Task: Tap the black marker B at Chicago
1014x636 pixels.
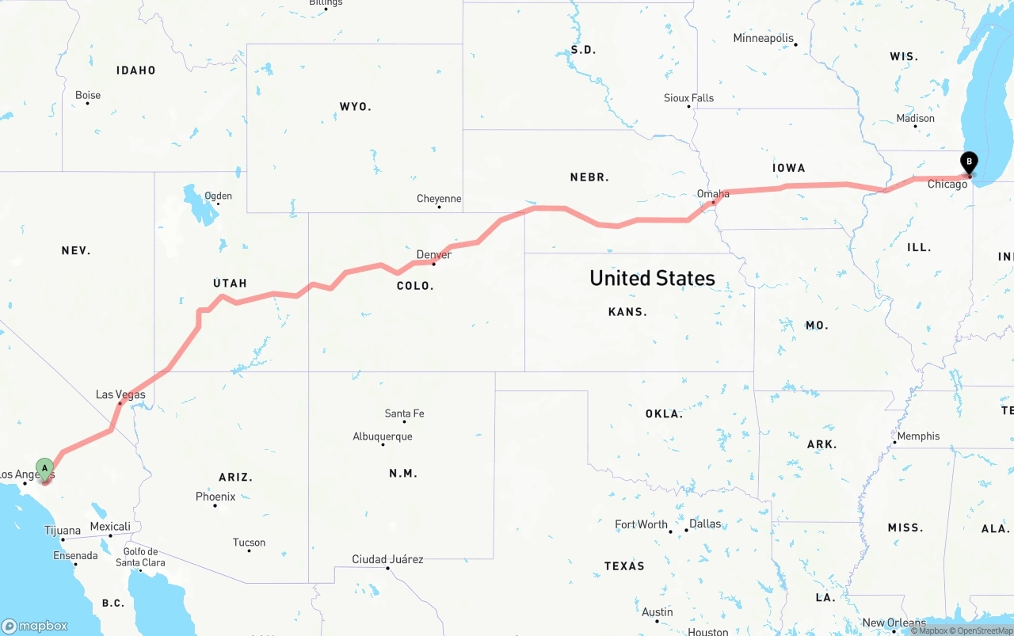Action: [x=968, y=162]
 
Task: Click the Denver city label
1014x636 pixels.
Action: [x=434, y=254]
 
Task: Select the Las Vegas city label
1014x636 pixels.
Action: [x=120, y=394]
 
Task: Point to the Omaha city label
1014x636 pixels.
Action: [x=713, y=193]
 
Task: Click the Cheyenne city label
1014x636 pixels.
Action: [x=439, y=198]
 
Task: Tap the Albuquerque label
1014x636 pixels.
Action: [x=383, y=436]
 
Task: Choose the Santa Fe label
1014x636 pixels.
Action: [x=404, y=413]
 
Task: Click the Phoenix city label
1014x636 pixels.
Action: [x=215, y=497]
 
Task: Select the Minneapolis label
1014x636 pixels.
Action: [x=763, y=38]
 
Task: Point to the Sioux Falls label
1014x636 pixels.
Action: [x=688, y=98]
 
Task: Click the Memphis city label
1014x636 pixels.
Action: [x=918, y=436]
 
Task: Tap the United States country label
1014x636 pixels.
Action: [x=652, y=278]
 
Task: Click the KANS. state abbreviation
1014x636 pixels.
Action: [x=627, y=312]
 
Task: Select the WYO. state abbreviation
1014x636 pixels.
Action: [x=355, y=106]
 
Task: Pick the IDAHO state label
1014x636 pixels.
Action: [x=136, y=70]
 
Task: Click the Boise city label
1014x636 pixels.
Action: [x=88, y=95]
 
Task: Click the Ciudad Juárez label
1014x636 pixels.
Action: [x=387, y=559]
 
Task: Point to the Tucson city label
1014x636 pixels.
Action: [x=249, y=543]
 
